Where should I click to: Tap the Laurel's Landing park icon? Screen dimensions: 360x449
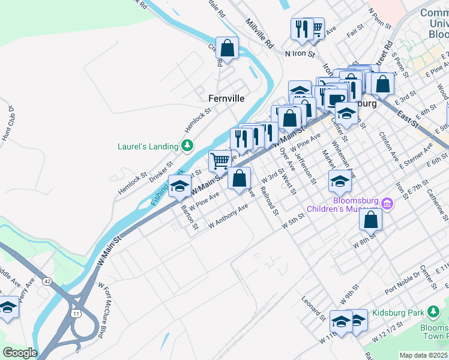(187, 146)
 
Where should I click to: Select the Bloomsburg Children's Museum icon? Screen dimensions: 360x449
(387, 205)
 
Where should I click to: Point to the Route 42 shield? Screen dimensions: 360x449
(47, 280)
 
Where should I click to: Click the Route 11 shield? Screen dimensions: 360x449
(76, 314)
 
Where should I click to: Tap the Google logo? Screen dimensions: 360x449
(20, 353)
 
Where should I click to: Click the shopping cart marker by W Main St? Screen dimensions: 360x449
(220, 161)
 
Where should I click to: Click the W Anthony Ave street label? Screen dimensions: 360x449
(229, 216)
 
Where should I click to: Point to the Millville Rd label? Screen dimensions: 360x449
(259, 33)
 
